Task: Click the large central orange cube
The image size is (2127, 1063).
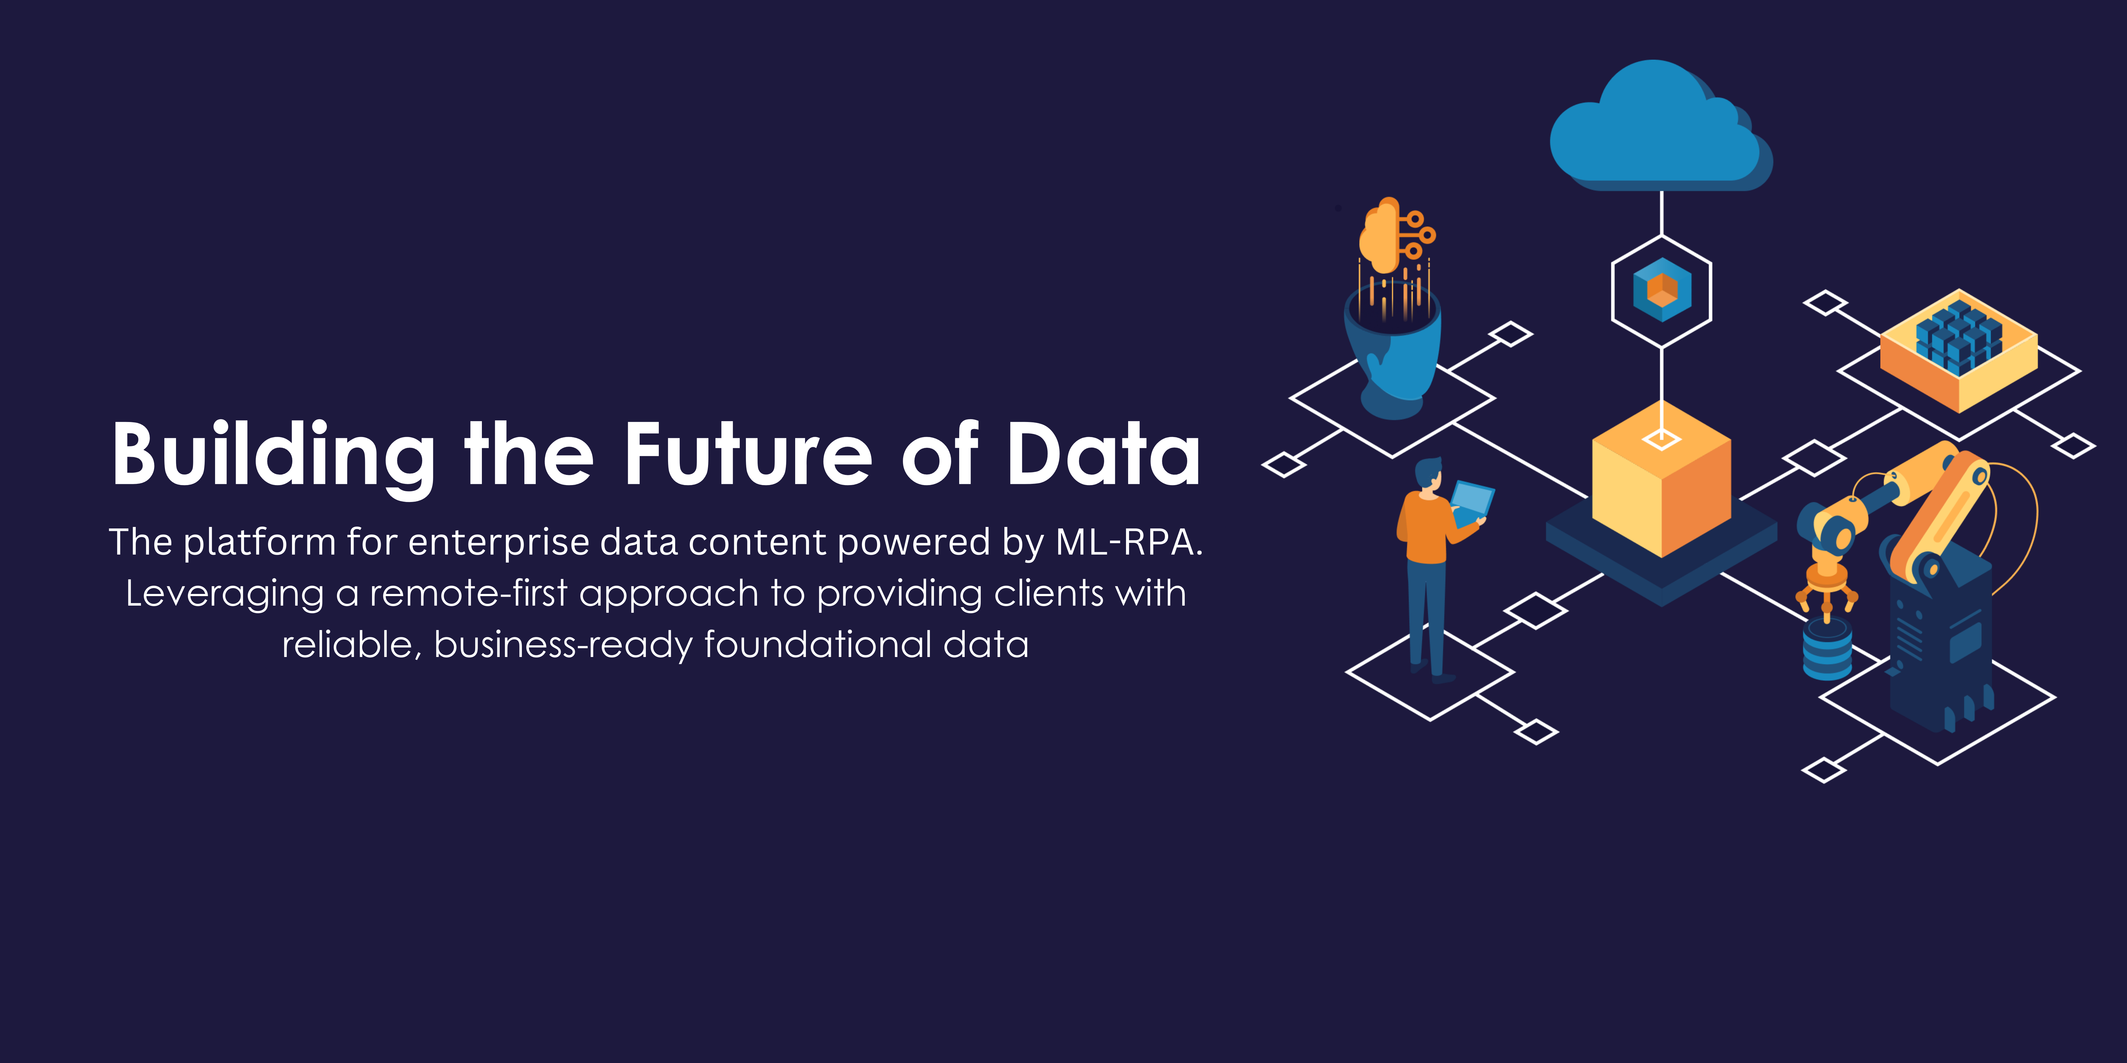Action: pyautogui.click(x=1661, y=479)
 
